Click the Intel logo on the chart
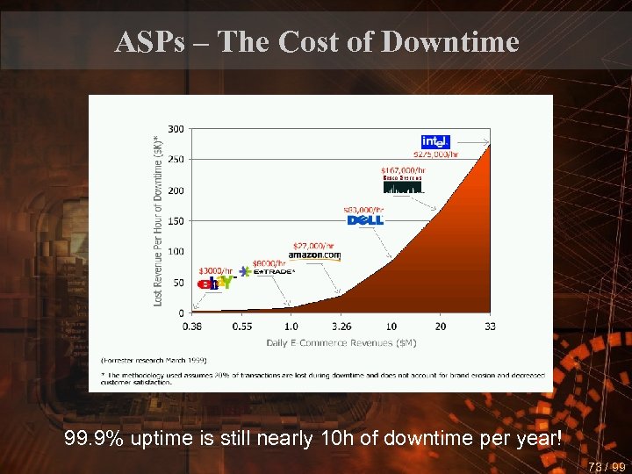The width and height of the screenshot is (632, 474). [x=436, y=142]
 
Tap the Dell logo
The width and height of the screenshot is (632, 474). [x=366, y=219]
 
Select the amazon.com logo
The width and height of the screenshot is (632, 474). [x=313, y=255]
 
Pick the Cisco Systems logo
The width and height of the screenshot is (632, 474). [x=402, y=184]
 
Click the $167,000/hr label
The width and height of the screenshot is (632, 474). [x=403, y=169]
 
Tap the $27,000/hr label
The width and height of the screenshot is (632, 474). [x=312, y=245]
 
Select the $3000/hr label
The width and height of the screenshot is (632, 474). [x=216, y=270]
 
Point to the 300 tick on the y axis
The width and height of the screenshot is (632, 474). [x=176, y=129]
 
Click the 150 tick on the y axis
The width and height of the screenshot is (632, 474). [x=176, y=221]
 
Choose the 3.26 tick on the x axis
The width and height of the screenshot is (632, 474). [x=342, y=326]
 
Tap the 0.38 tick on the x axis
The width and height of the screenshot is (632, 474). [x=193, y=326]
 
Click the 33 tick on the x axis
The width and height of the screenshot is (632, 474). [x=490, y=326]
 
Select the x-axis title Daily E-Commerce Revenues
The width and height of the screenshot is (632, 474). [x=341, y=342]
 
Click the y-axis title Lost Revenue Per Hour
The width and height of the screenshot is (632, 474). [x=158, y=219]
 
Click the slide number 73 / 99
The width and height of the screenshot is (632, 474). [x=607, y=467]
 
